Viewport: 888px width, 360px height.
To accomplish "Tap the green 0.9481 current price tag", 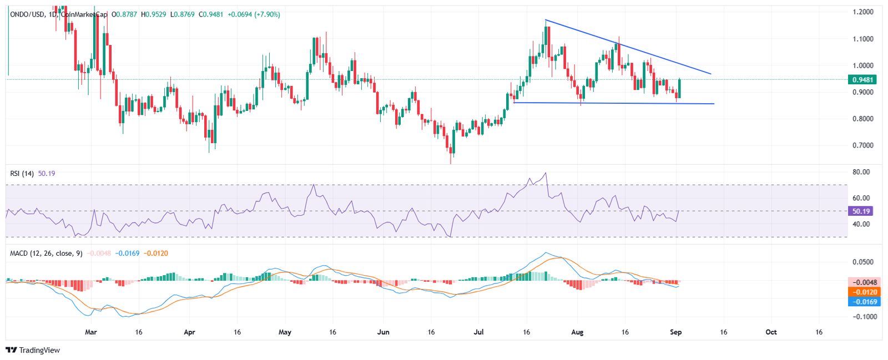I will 863,79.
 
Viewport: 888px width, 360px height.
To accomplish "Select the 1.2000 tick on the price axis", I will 862,12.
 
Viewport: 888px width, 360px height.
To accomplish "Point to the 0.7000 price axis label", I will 862,145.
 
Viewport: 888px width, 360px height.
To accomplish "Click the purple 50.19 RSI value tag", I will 861,211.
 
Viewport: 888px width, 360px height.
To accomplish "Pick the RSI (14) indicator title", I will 22,174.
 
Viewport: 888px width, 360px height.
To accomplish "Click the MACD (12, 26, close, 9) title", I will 46,253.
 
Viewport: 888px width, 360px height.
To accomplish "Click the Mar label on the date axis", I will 90,332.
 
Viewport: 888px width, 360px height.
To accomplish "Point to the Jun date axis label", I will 383,332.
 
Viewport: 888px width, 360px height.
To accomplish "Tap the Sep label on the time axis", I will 675,332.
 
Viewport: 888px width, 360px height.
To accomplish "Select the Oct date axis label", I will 771,332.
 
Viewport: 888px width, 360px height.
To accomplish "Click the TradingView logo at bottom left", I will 33,351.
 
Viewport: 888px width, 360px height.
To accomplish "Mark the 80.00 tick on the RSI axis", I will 861,172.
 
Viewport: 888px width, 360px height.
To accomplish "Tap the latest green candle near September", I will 679,88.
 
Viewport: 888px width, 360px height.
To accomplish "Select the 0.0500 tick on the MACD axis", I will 862,262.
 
